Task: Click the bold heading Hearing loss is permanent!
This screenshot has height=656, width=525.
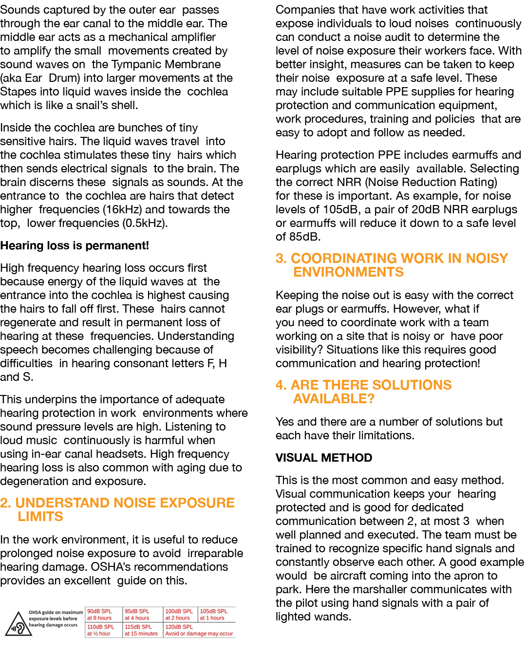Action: click(75, 245)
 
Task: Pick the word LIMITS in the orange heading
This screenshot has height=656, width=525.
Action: click(40, 517)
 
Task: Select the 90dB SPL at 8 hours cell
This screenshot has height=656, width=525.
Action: click(103, 615)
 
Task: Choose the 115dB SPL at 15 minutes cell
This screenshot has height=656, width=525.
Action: click(141, 630)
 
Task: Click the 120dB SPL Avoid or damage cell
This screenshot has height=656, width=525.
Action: click(199, 630)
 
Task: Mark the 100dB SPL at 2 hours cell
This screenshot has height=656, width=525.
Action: click(179, 615)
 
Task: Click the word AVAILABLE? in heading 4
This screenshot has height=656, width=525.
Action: click(334, 399)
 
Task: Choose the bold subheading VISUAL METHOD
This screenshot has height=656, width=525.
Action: click(324, 458)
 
